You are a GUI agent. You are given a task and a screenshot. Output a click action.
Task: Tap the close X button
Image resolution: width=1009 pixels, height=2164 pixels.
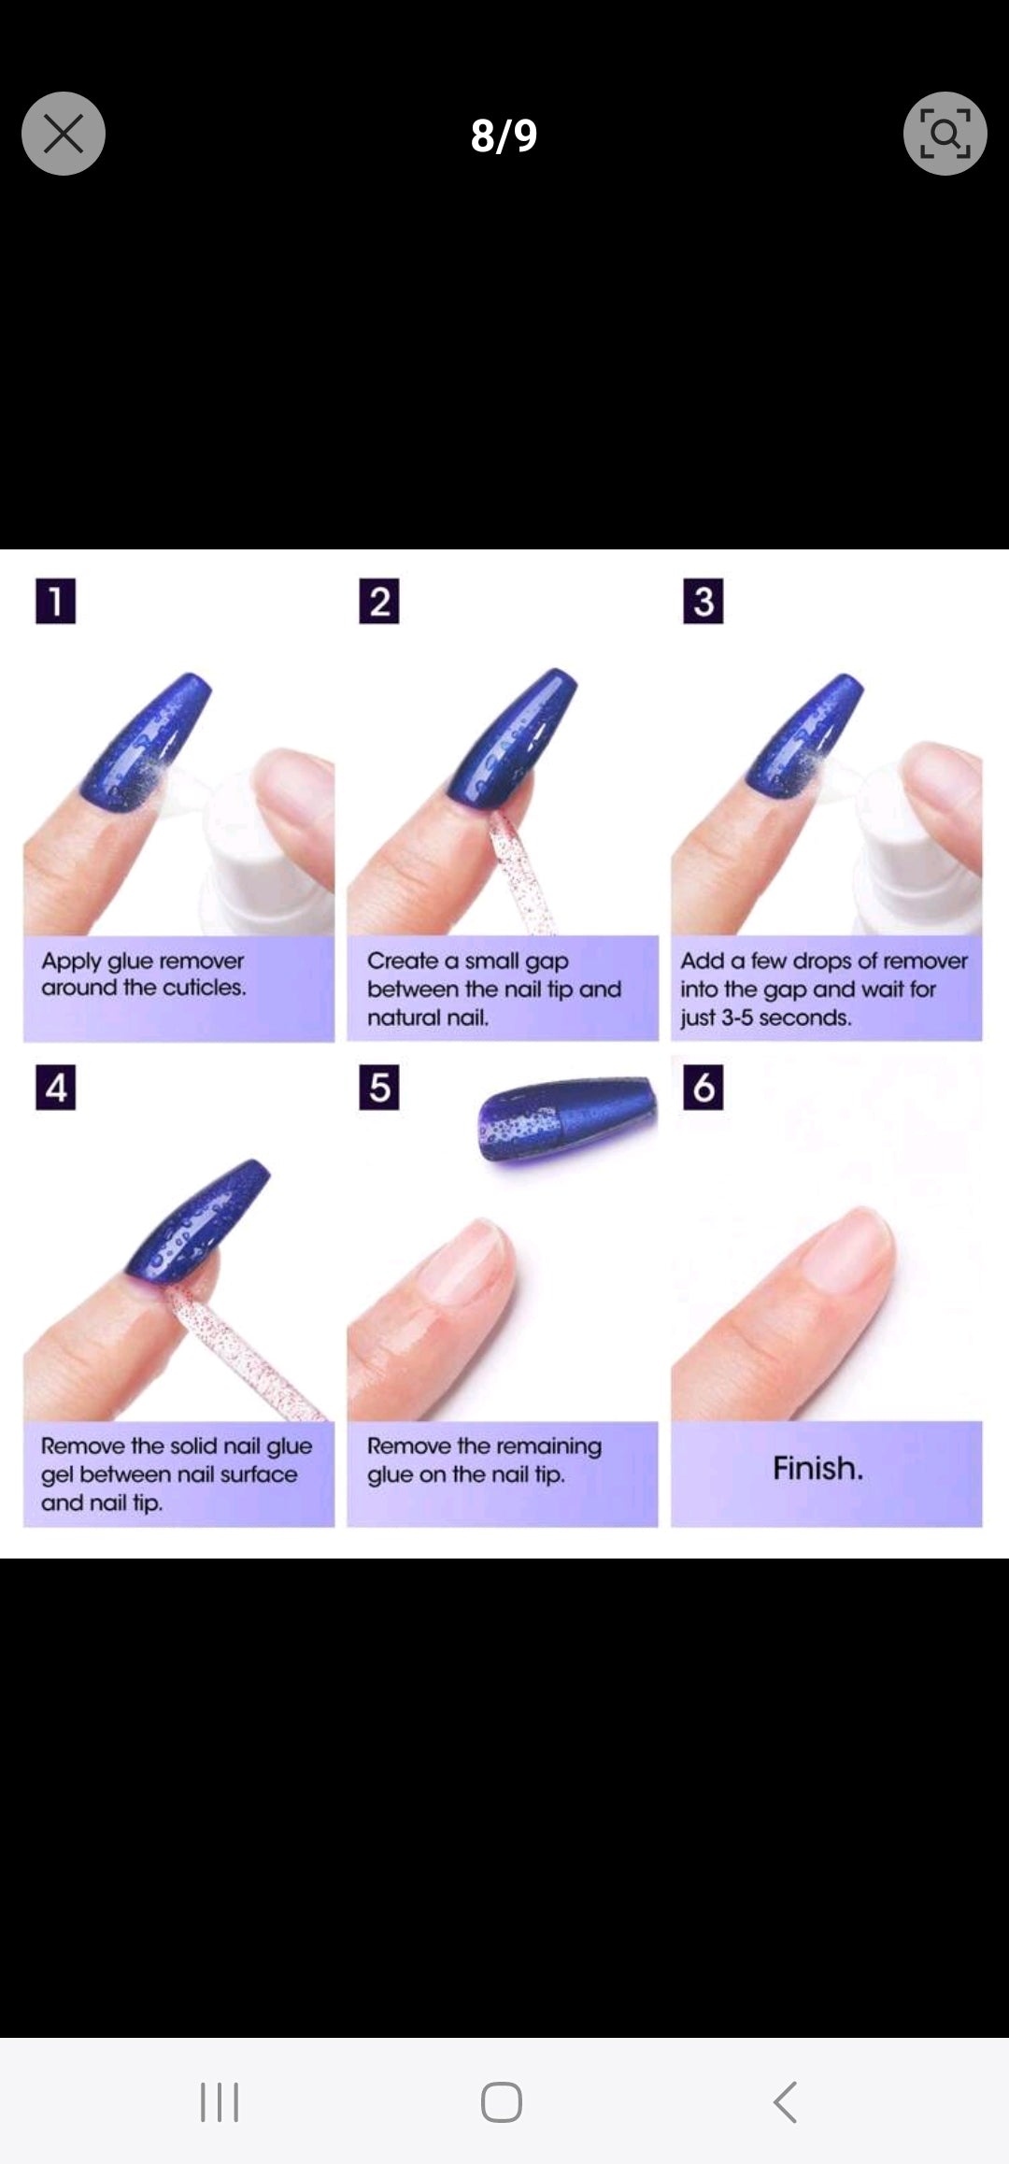(x=64, y=134)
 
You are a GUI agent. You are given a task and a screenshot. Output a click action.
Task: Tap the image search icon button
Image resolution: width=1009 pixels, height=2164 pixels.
(x=945, y=134)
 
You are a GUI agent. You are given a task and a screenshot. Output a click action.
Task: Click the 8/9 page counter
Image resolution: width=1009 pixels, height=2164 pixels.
(x=504, y=135)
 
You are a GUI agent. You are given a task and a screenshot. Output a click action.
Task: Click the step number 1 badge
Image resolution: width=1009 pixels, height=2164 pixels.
(x=55, y=601)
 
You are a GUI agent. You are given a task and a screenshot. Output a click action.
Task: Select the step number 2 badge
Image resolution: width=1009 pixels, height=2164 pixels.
(x=379, y=601)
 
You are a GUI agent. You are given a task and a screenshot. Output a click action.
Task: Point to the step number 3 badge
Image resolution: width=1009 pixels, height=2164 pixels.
(x=703, y=601)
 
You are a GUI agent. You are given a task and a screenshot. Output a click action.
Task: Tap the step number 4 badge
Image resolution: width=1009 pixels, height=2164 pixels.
(x=55, y=1088)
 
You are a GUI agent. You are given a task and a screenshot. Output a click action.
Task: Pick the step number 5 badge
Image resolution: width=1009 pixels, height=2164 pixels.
(x=379, y=1088)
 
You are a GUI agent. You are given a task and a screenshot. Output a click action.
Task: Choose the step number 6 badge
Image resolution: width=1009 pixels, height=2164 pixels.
(x=703, y=1088)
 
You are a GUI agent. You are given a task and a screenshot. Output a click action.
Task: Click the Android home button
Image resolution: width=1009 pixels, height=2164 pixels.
(x=502, y=2102)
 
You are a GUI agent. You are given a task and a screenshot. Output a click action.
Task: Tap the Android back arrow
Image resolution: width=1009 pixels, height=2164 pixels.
(x=785, y=2102)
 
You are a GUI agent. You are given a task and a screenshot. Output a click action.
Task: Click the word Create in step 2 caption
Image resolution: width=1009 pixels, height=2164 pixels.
(x=402, y=961)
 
